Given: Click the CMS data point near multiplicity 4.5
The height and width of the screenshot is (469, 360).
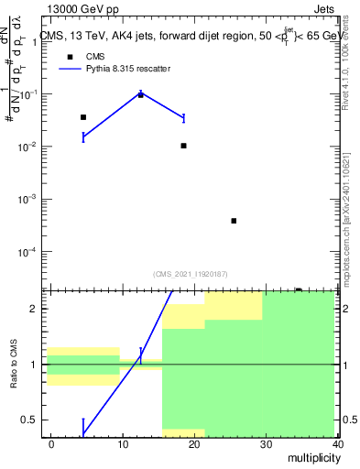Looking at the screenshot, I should (83, 117).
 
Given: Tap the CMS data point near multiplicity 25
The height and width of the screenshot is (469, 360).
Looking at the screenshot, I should (234, 221).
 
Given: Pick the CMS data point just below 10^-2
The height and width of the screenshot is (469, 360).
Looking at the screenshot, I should (184, 146).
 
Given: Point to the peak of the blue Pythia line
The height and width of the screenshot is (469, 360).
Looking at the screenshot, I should (140, 93).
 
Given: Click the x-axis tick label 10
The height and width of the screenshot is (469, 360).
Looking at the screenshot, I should (123, 443).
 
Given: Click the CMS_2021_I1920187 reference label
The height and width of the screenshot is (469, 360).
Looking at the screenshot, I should (191, 274).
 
